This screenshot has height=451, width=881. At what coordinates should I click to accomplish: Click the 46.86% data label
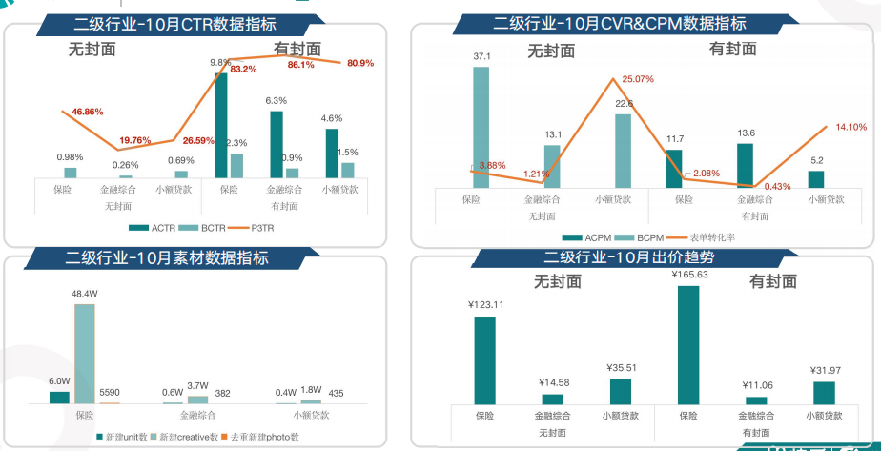[81, 112]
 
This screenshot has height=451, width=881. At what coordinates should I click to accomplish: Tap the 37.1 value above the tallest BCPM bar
[481, 57]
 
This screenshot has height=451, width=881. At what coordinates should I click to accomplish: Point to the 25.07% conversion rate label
[637, 79]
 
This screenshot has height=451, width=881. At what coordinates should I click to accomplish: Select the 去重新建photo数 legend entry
[259, 437]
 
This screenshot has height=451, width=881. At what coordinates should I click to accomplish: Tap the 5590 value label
[111, 392]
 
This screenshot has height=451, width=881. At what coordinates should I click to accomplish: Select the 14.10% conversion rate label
[851, 126]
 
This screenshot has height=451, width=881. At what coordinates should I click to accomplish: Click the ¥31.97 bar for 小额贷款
[825, 393]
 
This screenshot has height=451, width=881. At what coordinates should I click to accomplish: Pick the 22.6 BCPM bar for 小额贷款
[623, 151]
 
